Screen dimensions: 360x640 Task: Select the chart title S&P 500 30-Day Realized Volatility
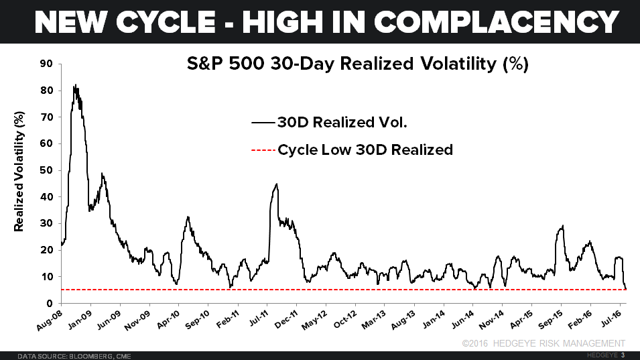point(357,65)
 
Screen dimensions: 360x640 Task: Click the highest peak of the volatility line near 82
point(75,85)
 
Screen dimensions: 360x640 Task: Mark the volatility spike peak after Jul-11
point(276,184)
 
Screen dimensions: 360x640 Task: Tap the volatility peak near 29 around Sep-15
point(562,226)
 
